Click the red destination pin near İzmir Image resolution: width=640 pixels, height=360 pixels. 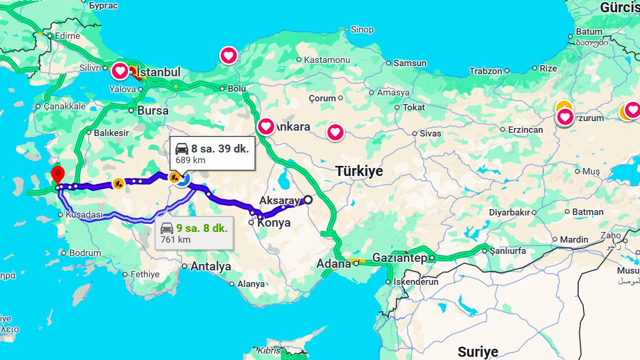point(58,174)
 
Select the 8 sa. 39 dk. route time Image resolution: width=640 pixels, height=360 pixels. point(220,149)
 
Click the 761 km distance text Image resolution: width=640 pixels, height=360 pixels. point(175,239)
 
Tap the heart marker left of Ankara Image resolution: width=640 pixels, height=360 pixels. point(266,127)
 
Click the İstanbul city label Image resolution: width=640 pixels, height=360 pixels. point(159,72)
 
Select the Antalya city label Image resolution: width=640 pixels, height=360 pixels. point(211,266)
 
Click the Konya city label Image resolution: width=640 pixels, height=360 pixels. point(274,223)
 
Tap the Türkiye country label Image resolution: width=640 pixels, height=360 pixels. point(359,171)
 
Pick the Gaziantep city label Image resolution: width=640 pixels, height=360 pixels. point(399,258)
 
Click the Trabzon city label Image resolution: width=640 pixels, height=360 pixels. point(485,71)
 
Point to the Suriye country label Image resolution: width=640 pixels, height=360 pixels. point(477,351)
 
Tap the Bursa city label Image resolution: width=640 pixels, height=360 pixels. point(153,111)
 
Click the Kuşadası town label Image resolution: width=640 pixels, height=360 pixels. point(83,214)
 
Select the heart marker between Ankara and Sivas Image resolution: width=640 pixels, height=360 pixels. point(335,132)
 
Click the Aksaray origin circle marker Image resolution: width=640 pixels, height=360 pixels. point(308,200)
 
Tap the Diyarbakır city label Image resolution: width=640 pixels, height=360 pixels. point(509,212)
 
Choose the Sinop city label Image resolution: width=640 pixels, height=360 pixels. point(362,30)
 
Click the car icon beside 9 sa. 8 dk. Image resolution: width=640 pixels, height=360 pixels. point(167,228)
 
